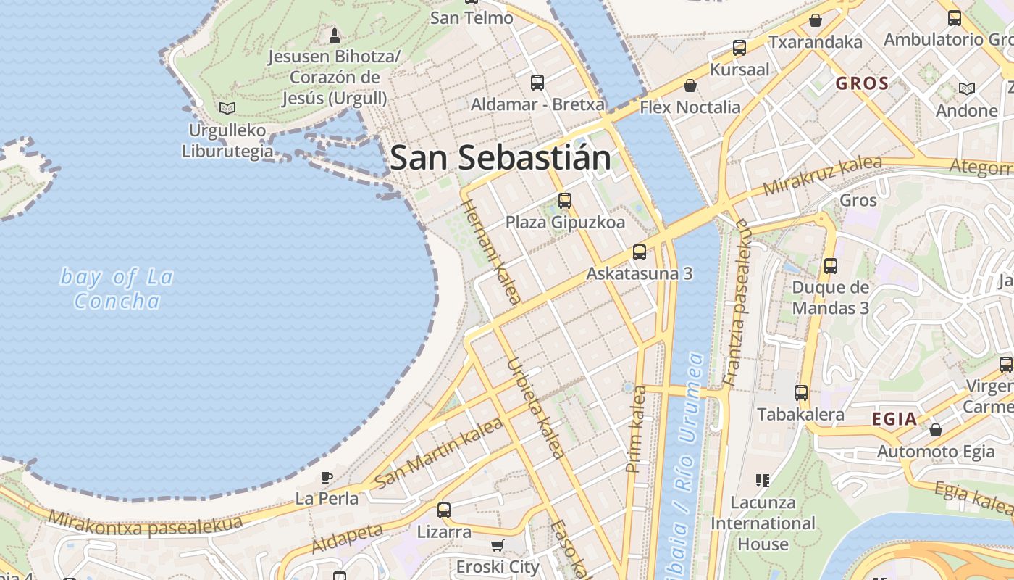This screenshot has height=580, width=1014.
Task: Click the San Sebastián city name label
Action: pos(500,158)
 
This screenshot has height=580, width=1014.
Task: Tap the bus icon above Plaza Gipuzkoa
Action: pos(565,201)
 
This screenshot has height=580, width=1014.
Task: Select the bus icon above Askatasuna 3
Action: pos(639,252)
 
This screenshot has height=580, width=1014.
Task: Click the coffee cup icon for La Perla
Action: pos(327,477)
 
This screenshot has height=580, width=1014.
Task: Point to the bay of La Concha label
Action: pos(117,289)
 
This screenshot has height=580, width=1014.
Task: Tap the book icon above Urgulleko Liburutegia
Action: pos(227,108)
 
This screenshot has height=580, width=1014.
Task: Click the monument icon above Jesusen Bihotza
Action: pos(335,34)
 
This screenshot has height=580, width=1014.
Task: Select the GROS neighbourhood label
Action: pos(862,83)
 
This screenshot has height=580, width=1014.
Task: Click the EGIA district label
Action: pos(894,419)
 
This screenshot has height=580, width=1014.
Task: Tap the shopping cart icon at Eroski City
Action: pos(497,545)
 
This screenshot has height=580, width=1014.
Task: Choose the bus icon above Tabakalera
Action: pos(800,393)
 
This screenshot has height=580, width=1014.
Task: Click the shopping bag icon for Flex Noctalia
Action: pos(690,86)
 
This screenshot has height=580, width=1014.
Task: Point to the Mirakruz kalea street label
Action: pos(822,176)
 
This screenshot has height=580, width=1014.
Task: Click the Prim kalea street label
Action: pos(637,429)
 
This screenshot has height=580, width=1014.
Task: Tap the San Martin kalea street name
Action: pos(439,453)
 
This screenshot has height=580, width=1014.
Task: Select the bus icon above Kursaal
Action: pos(739,48)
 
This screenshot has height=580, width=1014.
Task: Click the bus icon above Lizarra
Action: pos(444,510)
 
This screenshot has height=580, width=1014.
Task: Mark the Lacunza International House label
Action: pos(763,523)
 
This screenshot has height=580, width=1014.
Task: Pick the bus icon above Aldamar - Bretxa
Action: pos(537,83)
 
